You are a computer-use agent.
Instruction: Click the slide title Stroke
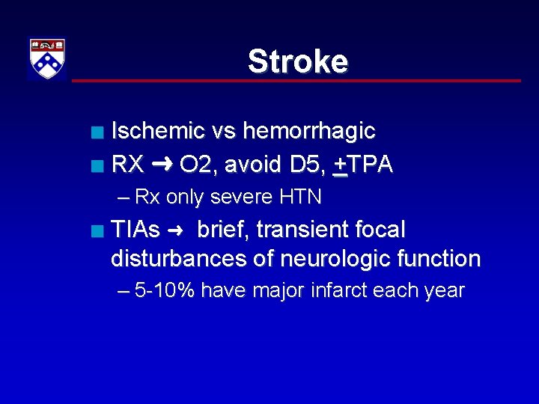297,61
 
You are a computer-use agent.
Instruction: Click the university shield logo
47,59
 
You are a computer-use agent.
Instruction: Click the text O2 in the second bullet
197,165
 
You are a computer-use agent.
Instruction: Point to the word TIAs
135,229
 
